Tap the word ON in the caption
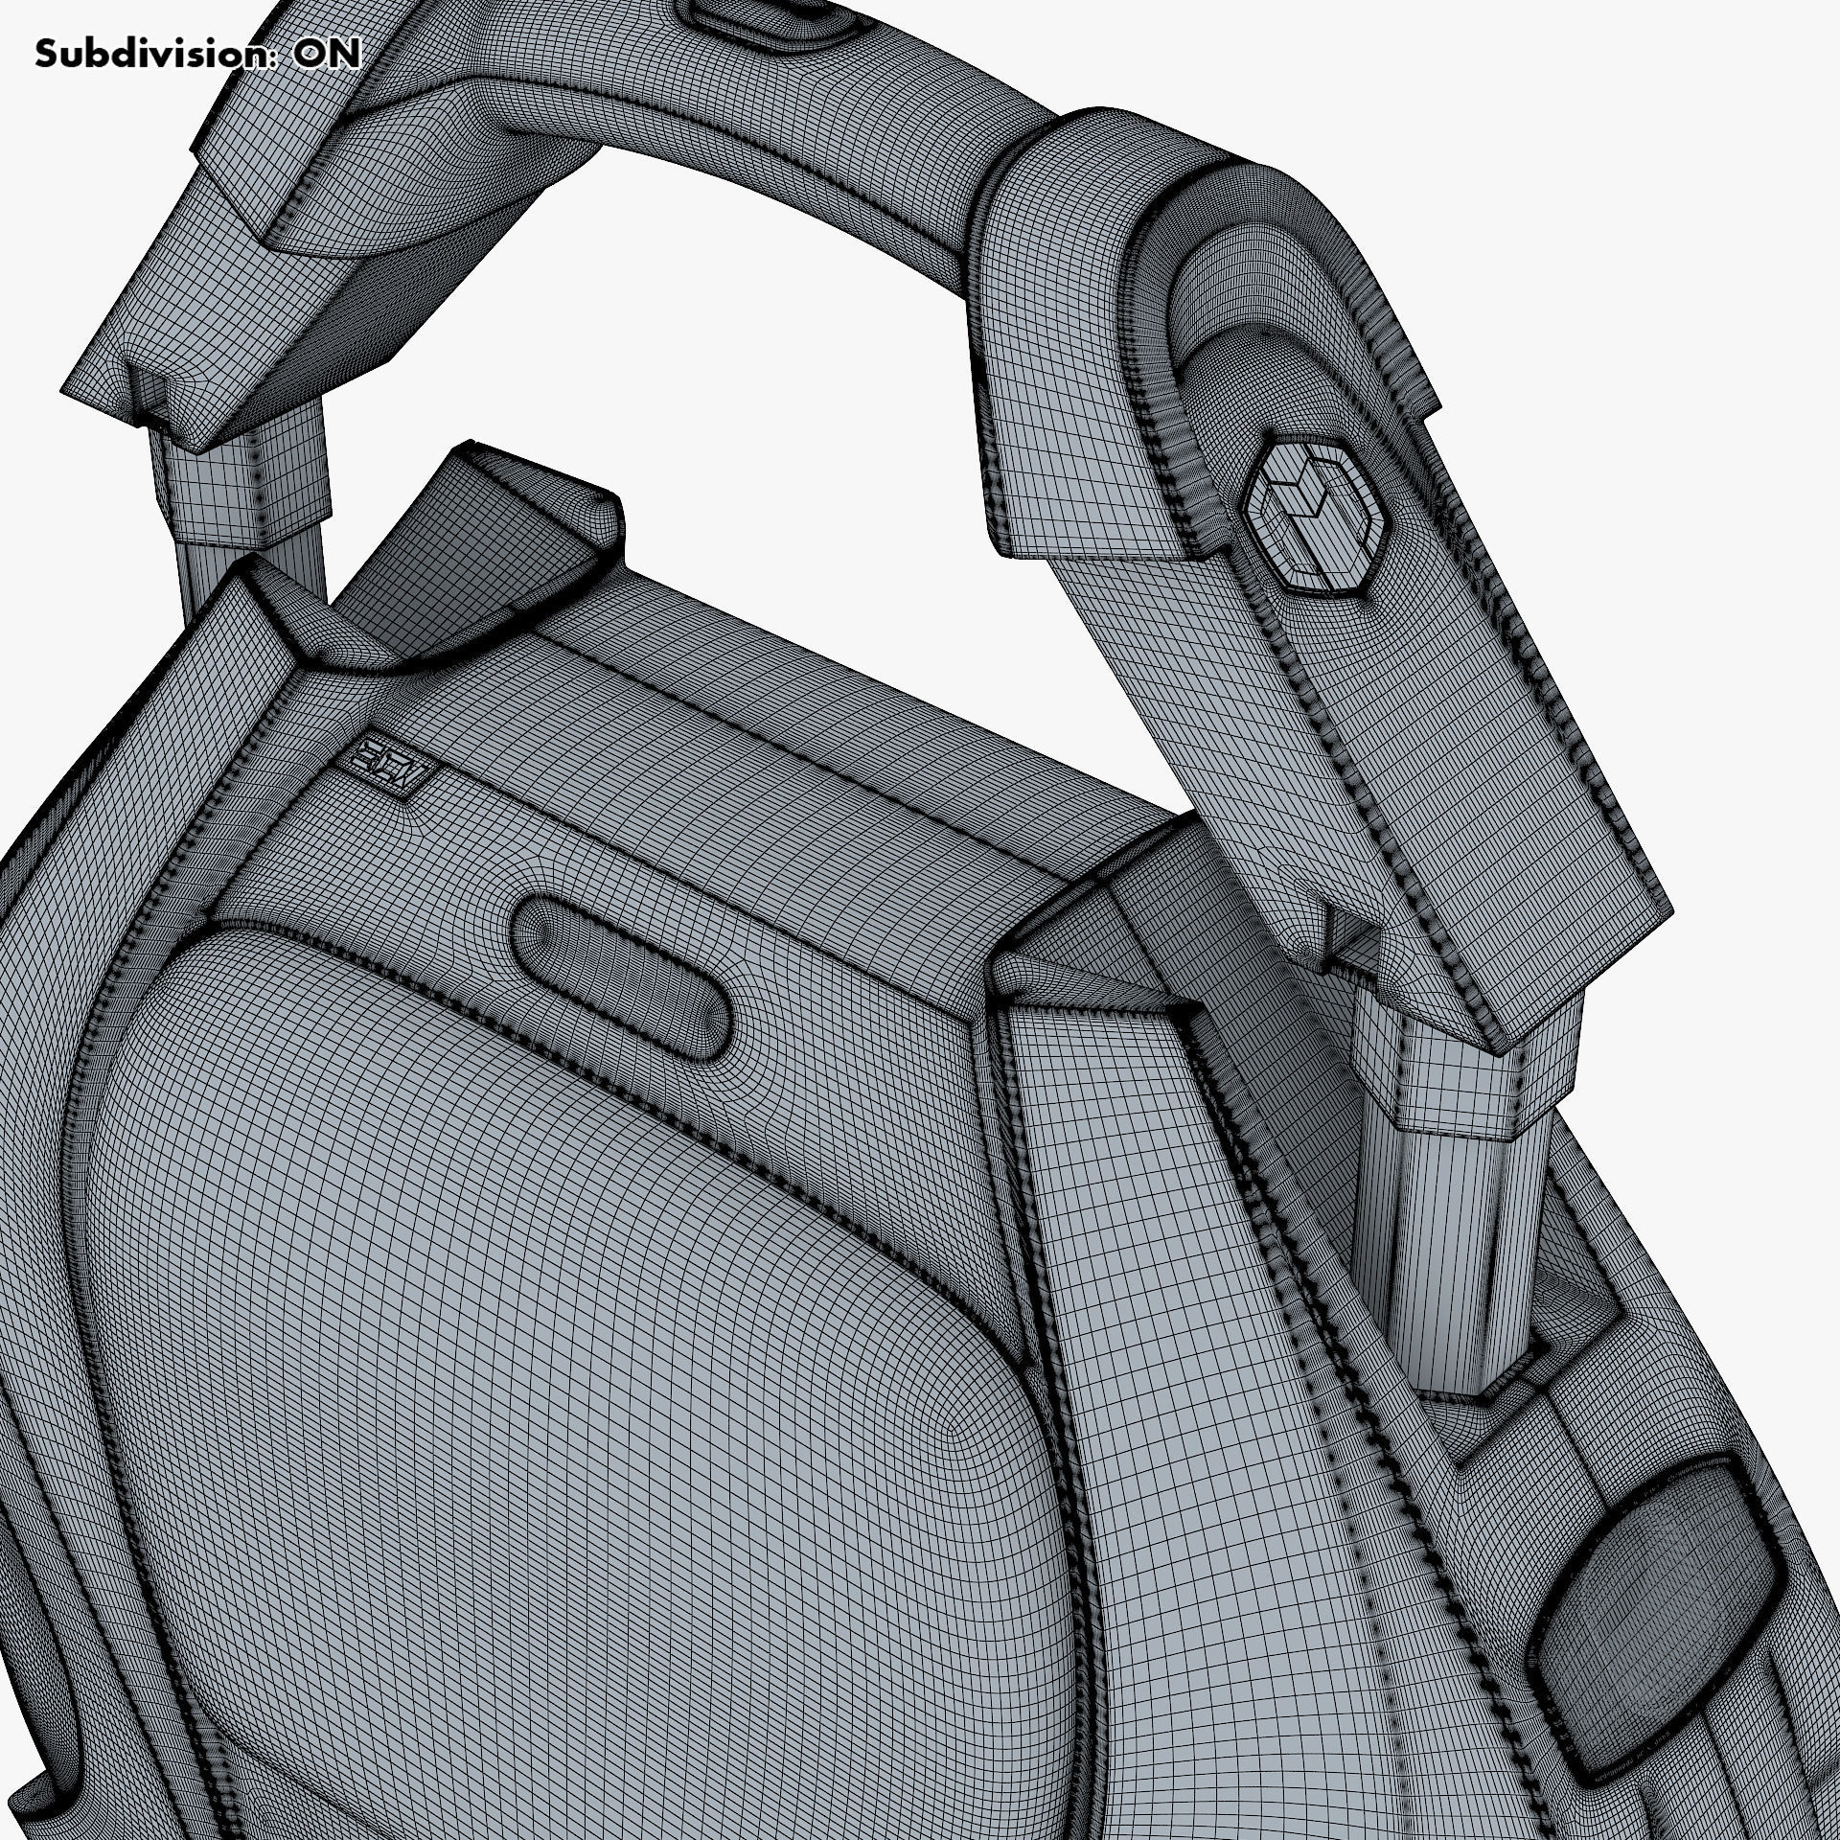point(327,54)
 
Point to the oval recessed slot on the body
point(622,962)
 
